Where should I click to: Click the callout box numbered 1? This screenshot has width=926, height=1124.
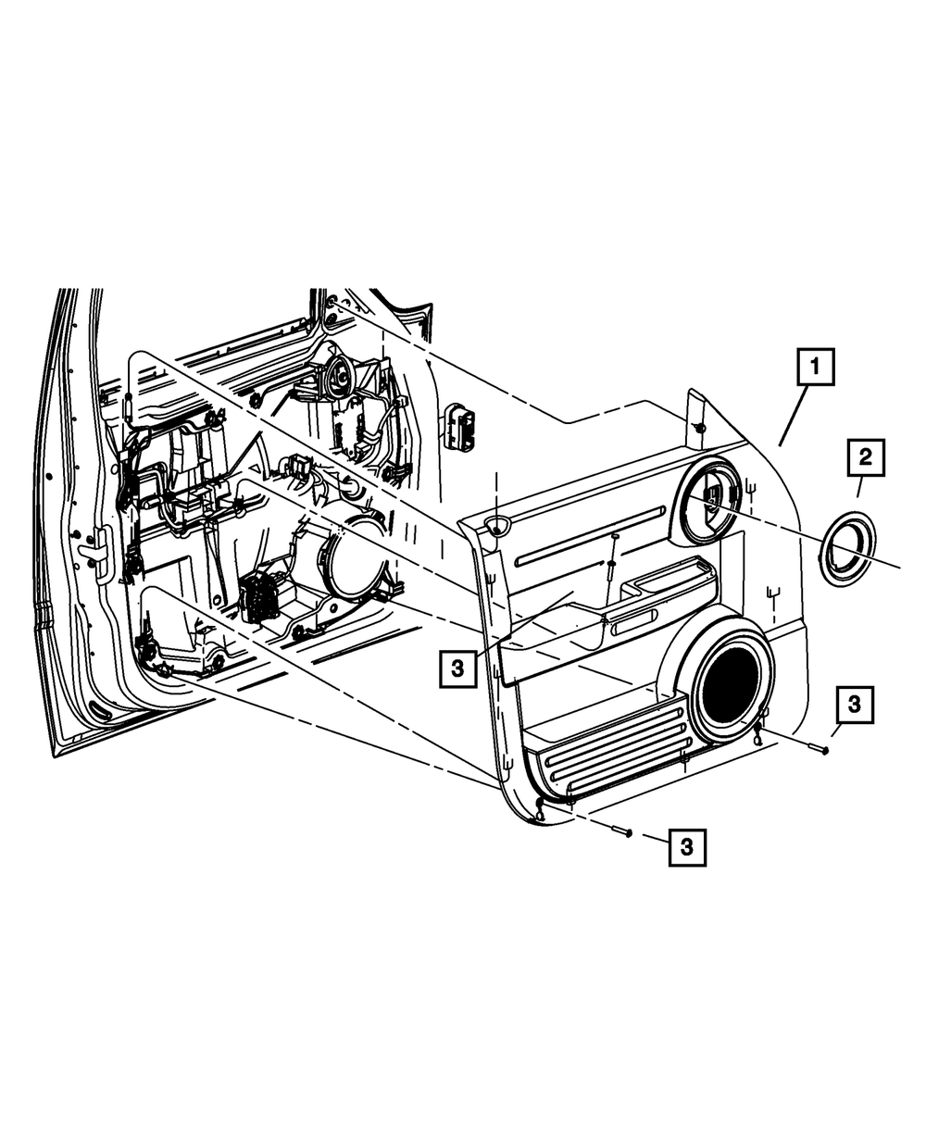pyautogui.click(x=816, y=368)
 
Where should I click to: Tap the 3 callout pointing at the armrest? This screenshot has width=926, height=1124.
pyautogui.click(x=457, y=666)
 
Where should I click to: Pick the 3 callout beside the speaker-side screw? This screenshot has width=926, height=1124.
pyautogui.click(x=854, y=705)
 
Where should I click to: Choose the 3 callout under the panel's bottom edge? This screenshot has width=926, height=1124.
pyautogui.click(x=685, y=846)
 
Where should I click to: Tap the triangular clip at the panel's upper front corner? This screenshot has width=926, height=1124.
pyautogui.click(x=498, y=527)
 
